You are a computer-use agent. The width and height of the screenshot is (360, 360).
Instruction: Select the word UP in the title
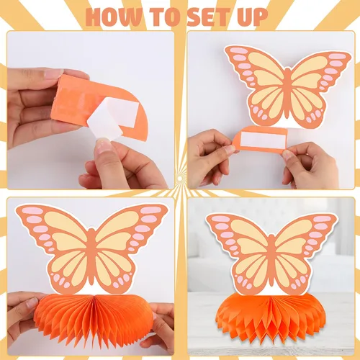pos(254,17)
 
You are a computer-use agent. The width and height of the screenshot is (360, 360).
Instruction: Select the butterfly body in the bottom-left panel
pos(91,257)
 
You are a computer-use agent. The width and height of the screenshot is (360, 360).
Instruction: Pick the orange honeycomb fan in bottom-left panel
pos(94,316)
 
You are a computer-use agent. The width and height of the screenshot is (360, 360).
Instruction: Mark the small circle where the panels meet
pos(180,179)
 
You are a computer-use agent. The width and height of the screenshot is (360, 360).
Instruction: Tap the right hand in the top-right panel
pos(310,163)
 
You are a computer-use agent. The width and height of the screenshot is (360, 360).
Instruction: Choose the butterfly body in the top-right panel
pos(288,92)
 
